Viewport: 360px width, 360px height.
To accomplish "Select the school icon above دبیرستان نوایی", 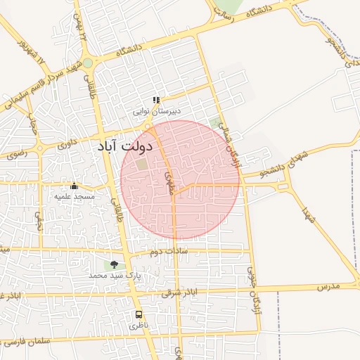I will tap(157, 101).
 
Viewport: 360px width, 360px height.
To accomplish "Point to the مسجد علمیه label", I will tap(75, 196).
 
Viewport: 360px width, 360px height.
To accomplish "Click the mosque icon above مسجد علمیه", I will tap(75, 186).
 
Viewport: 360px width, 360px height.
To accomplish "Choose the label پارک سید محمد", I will tap(115, 276).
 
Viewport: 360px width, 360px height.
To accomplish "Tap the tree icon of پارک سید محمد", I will tap(114, 265).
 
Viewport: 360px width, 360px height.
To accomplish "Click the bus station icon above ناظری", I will tap(139, 315).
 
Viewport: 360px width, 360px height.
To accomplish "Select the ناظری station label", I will tap(139, 326).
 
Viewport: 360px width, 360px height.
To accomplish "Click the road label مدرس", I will tap(328, 287).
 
